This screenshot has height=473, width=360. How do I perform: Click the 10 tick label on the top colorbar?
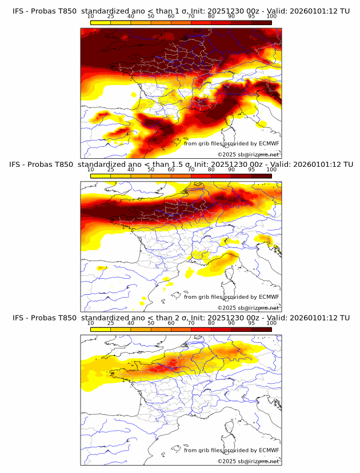tap(91, 16)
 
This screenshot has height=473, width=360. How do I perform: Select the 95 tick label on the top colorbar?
tap(251, 16)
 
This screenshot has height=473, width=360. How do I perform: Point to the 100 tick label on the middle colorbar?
tap(271, 170)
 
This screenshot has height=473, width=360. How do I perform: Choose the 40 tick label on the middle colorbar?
tap(131, 170)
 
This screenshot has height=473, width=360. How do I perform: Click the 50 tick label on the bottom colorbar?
tap(151, 323)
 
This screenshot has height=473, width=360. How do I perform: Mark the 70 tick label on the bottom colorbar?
tap(191, 323)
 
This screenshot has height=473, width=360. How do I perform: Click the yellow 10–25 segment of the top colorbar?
tap(101, 22)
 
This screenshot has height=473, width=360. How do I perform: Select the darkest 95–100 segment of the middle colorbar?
tap(261, 176)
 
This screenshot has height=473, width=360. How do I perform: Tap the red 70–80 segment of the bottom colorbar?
tap(201, 329)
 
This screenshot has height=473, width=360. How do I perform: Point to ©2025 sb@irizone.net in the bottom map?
tap(249, 461)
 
